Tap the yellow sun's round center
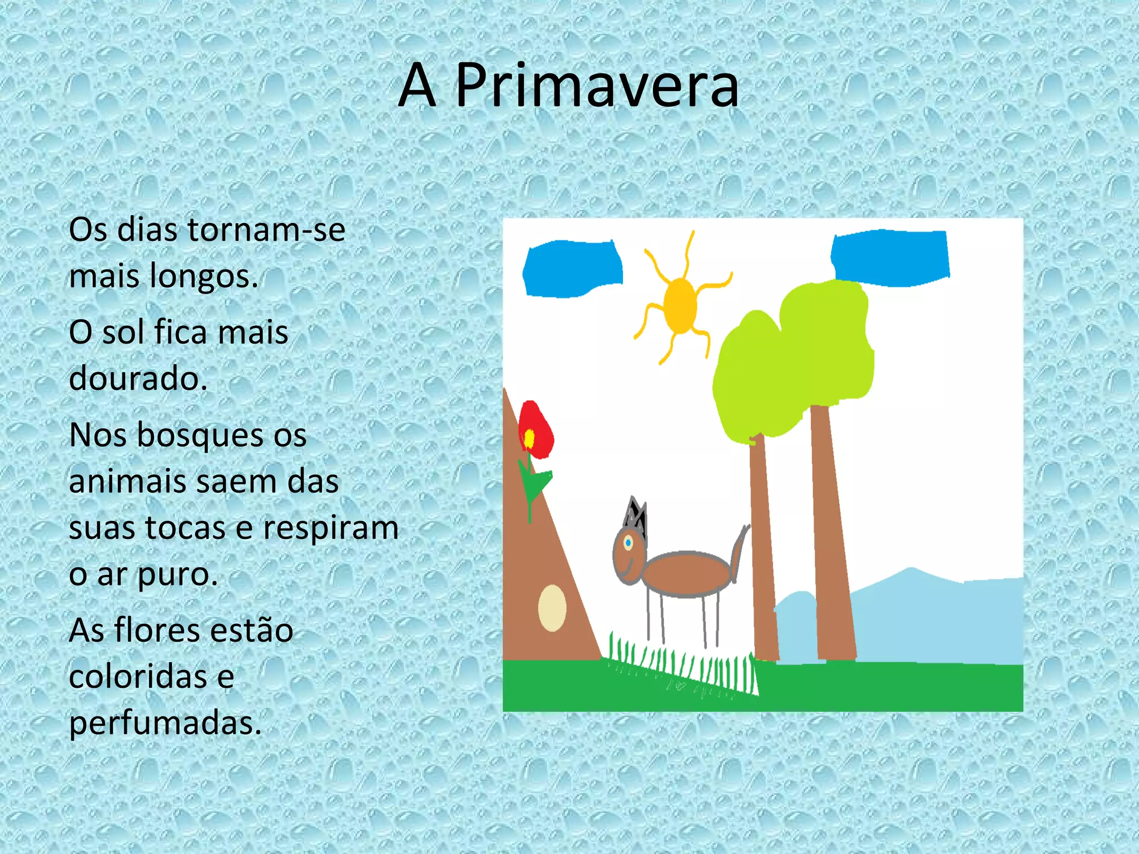[680, 305]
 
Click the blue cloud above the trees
[890, 257]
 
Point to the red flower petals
[538, 428]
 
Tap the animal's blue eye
[628, 542]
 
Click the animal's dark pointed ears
[636, 516]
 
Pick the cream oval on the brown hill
[552, 608]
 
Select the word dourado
[137, 379]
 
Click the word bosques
[221, 435]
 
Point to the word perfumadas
[165, 723]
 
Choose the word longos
[204, 276]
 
